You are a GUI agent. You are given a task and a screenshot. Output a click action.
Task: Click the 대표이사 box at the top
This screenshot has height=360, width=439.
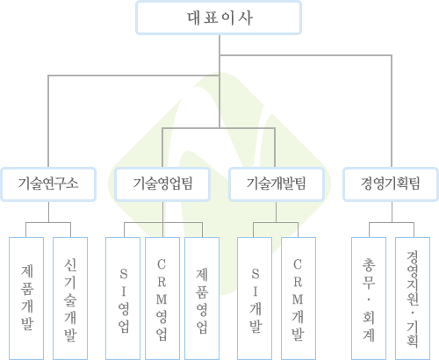[x=219, y=18]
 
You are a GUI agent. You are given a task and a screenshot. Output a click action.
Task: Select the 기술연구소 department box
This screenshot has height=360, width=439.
[x=48, y=184]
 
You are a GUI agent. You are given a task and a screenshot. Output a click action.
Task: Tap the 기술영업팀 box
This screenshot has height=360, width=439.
[x=162, y=184]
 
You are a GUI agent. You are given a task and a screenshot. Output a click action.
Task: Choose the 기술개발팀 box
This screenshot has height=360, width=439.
[x=277, y=184]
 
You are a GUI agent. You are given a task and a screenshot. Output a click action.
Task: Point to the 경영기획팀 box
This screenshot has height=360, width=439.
[x=391, y=184]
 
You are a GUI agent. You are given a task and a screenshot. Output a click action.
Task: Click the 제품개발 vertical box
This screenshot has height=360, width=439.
[x=26, y=299]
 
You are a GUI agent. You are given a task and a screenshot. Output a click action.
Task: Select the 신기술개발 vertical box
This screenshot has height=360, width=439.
[x=70, y=299]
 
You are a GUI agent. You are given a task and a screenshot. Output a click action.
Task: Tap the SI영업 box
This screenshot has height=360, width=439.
[x=123, y=299]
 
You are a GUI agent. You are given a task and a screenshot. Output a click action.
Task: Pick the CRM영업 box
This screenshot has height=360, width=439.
[x=162, y=299]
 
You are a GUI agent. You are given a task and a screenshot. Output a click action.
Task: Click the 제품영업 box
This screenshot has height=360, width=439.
[x=202, y=299]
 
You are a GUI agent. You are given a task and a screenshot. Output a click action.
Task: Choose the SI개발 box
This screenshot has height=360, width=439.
[x=255, y=299]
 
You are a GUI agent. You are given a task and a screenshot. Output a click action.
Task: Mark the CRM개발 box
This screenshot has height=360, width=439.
[x=299, y=299]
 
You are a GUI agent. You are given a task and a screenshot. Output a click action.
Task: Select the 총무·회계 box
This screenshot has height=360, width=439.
[x=369, y=299]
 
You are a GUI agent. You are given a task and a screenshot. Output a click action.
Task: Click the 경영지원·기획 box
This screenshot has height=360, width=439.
[x=413, y=299]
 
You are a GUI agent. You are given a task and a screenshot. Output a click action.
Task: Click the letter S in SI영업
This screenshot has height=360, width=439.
[x=124, y=274]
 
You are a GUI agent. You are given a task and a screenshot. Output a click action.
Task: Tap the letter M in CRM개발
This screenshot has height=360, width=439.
[x=298, y=299]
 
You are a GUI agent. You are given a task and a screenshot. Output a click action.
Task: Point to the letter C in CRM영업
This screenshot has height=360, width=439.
[x=162, y=264]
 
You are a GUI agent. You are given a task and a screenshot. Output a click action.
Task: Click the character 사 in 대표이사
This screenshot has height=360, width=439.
[x=245, y=18]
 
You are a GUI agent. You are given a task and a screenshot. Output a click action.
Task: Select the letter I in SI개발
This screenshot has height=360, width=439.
[x=255, y=292]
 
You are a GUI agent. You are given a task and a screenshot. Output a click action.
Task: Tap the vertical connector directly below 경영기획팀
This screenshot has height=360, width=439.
[x=392, y=212]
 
